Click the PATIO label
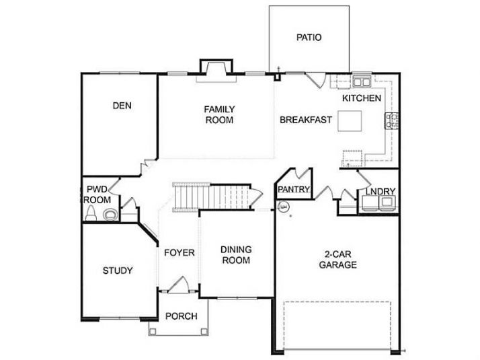[x=309, y=38]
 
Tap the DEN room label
[x=122, y=106]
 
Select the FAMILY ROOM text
[x=219, y=114]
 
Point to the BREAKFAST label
[x=306, y=120]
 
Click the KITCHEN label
[x=362, y=98]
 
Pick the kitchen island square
[x=350, y=121]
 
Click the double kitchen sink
[x=362, y=81]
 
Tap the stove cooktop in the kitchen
[x=391, y=120]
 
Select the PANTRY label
[x=294, y=189]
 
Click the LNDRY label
[x=381, y=192]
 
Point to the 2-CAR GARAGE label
[x=338, y=259]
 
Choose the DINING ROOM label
[x=236, y=255]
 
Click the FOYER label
[x=179, y=253]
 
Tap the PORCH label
[x=182, y=316]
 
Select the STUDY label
[x=118, y=271]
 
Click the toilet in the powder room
[x=91, y=213]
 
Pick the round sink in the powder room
[x=110, y=215]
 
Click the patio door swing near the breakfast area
[x=317, y=80]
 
